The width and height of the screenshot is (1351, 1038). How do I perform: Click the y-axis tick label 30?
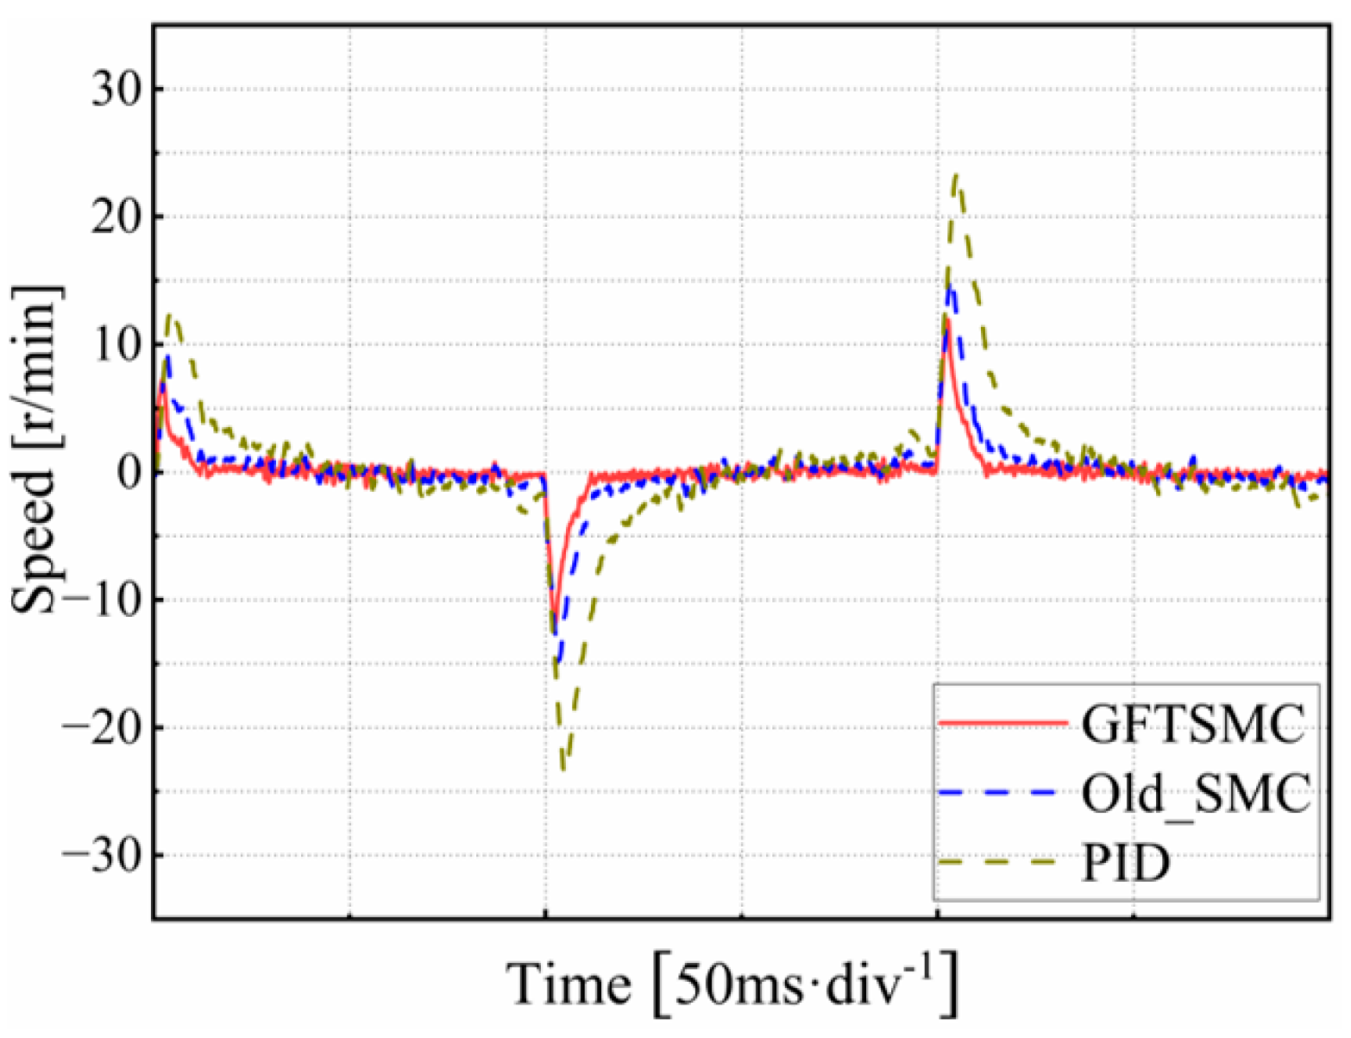[117, 90]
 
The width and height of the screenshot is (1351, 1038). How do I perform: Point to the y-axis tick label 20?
[117, 217]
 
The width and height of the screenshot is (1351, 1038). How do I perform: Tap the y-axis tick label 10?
[117, 345]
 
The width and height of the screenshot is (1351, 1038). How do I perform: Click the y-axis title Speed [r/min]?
[36, 449]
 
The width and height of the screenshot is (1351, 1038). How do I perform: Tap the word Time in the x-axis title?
[569, 985]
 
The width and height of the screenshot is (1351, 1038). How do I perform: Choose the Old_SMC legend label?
[1196, 793]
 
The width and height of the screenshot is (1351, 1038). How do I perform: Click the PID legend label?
[1126, 861]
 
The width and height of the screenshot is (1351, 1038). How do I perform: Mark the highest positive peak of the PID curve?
[956, 175]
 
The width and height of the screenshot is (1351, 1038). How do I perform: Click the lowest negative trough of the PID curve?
[563, 768]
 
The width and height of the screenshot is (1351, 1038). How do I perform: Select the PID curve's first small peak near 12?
[172, 316]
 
